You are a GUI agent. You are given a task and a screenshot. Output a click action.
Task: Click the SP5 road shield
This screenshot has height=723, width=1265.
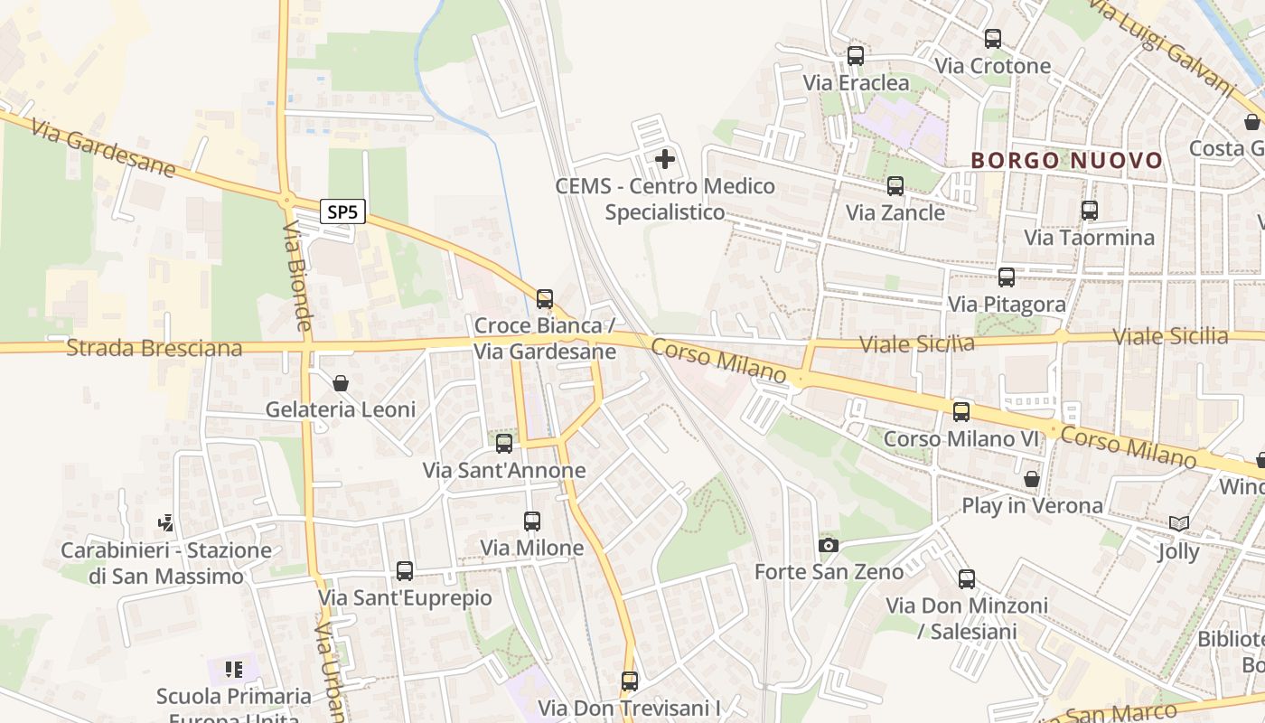point(342,212)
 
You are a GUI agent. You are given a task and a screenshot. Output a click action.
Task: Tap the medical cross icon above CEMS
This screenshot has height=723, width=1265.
point(664,160)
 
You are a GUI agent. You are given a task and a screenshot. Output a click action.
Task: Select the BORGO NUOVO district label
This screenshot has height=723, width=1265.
point(1066,161)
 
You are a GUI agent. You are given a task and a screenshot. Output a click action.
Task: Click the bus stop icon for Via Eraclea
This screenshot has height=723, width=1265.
point(855,56)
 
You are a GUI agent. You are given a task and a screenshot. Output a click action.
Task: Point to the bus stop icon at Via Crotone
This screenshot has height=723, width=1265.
point(992,39)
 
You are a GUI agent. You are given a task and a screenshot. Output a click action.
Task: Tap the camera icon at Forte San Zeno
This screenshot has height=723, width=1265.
point(828,545)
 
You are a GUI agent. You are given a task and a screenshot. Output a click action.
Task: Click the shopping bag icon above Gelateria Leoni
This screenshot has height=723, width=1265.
point(341,383)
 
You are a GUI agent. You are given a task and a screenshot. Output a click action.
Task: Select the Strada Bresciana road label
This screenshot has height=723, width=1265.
point(155,348)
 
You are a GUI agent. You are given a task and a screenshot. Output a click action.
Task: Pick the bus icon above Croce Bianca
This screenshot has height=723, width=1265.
point(544,298)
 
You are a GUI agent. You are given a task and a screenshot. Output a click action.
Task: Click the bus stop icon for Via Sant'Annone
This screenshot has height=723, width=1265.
point(504,443)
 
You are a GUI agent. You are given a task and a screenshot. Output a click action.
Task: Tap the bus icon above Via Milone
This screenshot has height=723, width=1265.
point(531,521)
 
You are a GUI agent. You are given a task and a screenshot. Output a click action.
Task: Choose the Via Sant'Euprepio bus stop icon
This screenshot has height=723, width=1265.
point(404,571)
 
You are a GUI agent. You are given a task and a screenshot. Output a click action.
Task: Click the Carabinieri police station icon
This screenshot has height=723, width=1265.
point(165,523)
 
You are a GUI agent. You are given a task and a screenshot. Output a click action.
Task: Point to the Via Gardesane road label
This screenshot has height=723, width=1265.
point(102,147)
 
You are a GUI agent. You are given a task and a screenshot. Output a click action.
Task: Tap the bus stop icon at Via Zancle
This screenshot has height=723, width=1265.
point(895,186)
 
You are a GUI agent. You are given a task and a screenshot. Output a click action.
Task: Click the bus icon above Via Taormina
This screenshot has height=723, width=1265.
point(1089,211)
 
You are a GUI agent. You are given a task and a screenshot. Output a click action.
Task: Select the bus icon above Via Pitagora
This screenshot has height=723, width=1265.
point(1006,277)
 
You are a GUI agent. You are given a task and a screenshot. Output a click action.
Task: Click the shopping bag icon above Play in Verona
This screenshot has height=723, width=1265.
point(1031,479)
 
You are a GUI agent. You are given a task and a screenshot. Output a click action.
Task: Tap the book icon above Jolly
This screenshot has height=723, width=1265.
point(1178,524)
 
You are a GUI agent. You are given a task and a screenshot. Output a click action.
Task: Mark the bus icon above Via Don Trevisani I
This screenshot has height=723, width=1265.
point(629,681)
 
